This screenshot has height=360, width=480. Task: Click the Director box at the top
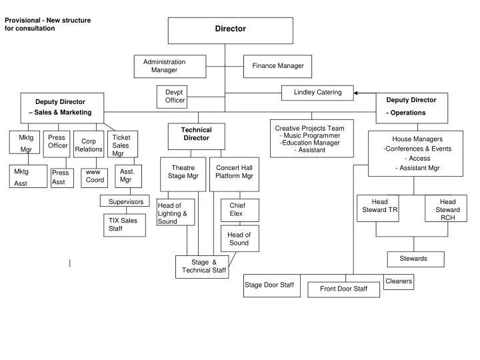(230, 30)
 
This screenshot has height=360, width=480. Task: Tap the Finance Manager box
(277, 66)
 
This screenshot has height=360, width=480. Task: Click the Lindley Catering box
(317, 93)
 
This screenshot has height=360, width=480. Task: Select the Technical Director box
(197, 135)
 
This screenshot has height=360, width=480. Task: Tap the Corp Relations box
(89, 145)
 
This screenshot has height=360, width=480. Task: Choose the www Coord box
(95, 177)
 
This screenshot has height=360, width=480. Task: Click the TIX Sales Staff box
(124, 225)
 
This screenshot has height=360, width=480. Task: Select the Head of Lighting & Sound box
(175, 213)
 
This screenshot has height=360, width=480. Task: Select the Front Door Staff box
(343, 289)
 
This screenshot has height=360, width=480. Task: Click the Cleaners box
(399, 282)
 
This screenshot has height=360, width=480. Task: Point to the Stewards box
(415, 259)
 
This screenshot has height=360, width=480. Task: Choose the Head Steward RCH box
(447, 209)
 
